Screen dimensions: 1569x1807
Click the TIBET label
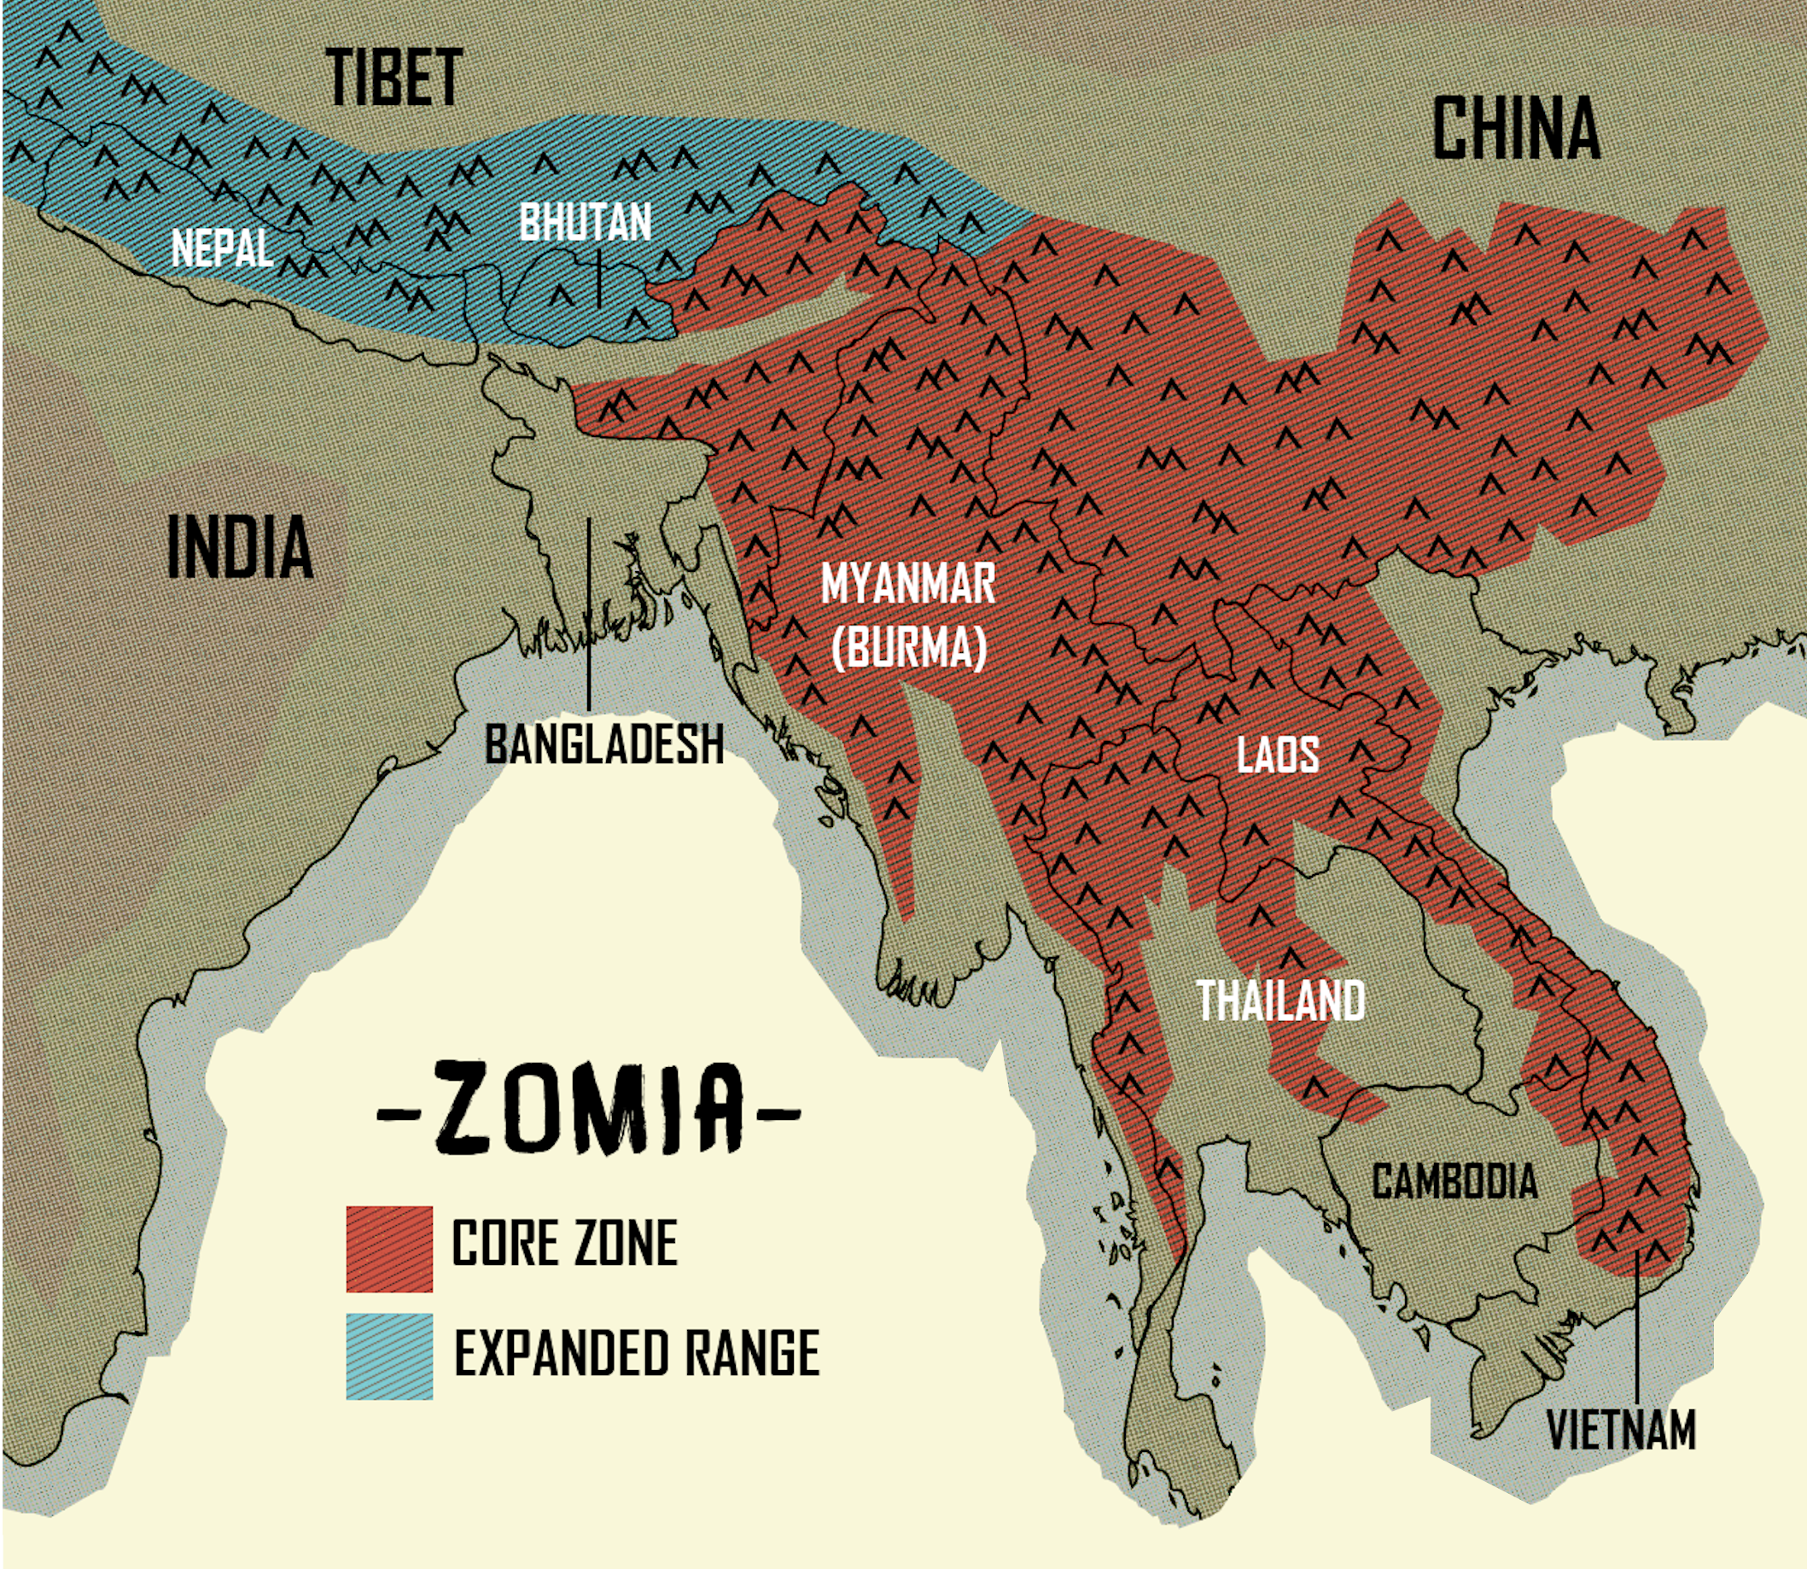(395, 77)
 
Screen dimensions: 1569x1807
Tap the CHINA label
(1515, 129)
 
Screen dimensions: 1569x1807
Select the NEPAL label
(221, 248)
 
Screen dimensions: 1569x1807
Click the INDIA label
(239, 546)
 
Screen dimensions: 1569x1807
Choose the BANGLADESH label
(604, 744)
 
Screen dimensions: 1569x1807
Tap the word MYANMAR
(908, 584)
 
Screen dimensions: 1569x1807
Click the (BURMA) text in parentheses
(909, 648)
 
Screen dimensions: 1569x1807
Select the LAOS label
(1277, 755)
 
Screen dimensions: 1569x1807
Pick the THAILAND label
(1280, 1000)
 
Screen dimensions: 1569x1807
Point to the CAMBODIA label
(1454, 1181)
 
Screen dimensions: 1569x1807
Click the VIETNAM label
(1621, 1430)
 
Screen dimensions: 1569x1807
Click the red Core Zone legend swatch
(389, 1249)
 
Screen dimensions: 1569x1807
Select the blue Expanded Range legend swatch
(389, 1356)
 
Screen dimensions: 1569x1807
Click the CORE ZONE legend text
(564, 1242)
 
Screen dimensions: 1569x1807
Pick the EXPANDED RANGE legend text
(637, 1353)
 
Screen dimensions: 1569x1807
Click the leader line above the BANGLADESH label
(589, 613)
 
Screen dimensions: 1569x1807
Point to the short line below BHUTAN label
(600, 278)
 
